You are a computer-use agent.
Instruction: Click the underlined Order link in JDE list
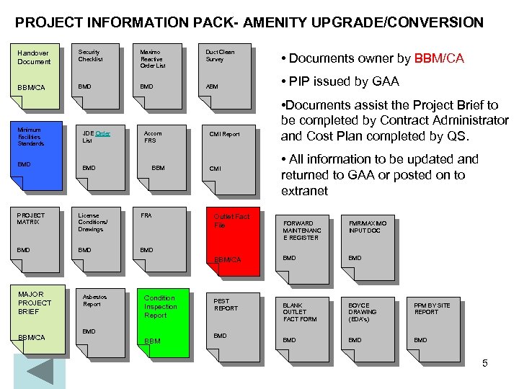[x=102, y=133]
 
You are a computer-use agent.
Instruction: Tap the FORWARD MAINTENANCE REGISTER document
[x=303, y=241]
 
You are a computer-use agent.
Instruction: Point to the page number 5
[x=485, y=363]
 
